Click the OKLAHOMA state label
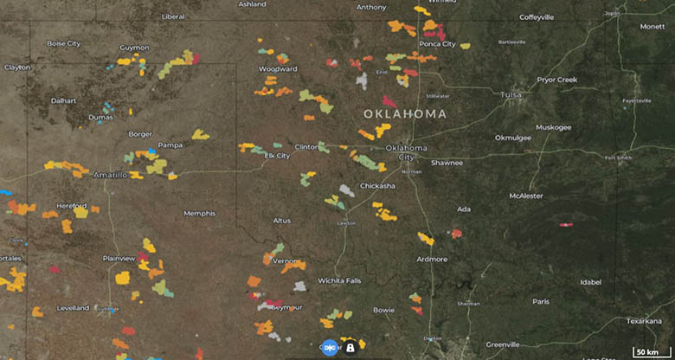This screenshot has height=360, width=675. pyautogui.click(x=405, y=113)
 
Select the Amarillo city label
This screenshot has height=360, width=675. pyautogui.click(x=110, y=174)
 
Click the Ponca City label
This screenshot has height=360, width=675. pyautogui.click(x=437, y=43)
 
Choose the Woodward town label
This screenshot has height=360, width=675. pyautogui.click(x=278, y=68)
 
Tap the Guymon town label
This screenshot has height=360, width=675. pyautogui.click(x=134, y=48)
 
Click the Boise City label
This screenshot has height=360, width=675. pyautogui.click(x=63, y=43)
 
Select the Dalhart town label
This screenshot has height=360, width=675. pyautogui.click(x=63, y=100)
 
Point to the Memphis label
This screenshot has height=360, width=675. pyautogui.click(x=199, y=213)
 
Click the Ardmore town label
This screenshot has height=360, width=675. pyautogui.click(x=432, y=259)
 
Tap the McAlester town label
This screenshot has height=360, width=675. pyautogui.click(x=526, y=196)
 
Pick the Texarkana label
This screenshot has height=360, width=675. pyautogui.click(x=644, y=320)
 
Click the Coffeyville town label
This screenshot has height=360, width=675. pyautogui.click(x=543, y=17)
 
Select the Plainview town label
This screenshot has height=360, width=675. pyautogui.click(x=119, y=258)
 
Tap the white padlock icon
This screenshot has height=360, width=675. pyautogui.click(x=350, y=347)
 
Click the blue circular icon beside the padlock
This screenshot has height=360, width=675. pyautogui.click(x=330, y=347)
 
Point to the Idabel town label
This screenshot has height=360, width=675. pyautogui.click(x=591, y=281)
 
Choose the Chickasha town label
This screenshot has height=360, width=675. pyautogui.click(x=377, y=185)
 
